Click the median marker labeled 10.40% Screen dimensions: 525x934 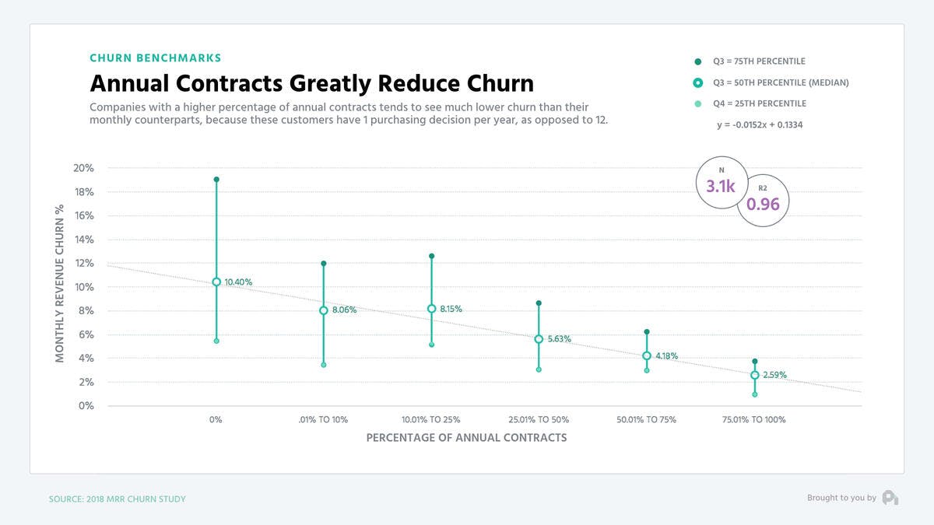tap(216, 282)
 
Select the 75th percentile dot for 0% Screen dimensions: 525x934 tap(216, 180)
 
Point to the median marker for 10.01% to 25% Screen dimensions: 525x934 tap(432, 309)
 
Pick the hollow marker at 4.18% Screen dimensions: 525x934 tap(647, 356)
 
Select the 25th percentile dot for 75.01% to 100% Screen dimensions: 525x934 tap(754, 394)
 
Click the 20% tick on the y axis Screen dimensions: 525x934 tap(83, 168)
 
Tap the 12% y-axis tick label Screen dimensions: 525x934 tap(83, 264)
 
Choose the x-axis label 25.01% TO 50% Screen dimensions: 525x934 tap(539, 420)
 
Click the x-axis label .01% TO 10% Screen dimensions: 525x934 tap(324, 420)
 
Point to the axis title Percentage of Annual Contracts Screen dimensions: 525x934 tap(466, 438)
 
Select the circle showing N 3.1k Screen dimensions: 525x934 tap(721, 184)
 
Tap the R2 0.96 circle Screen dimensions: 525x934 tap(763, 201)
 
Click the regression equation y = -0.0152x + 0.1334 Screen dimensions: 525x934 tap(760, 124)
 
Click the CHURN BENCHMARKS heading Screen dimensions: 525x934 tap(156, 58)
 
